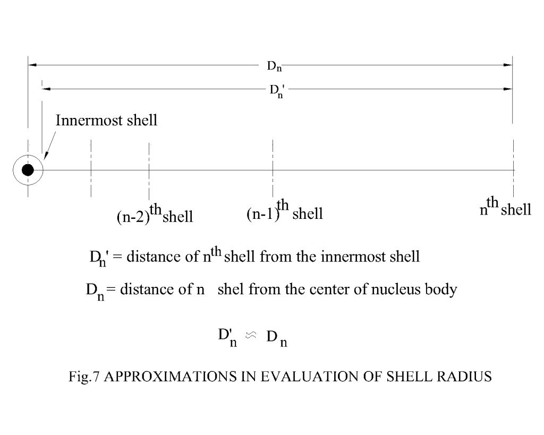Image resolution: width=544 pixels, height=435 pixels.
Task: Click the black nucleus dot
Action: pyautogui.click(x=28, y=170)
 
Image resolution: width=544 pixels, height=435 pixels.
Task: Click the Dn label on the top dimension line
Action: pyautogui.click(x=274, y=66)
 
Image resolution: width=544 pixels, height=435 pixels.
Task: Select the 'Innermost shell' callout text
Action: pyautogui.click(x=106, y=121)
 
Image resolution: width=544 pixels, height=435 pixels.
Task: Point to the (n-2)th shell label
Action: pyautogui.click(x=155, y=214)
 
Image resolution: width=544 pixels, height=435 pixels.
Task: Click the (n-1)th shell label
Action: pyautogui.click(x=285, y=210)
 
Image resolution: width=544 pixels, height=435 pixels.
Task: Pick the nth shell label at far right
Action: pyautogui.click(x=506, y=207)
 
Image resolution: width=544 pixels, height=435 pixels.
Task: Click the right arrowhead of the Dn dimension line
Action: pyautogui.click(x=508, y=65)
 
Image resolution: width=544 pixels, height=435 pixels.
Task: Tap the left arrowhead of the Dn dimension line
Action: pyautogui.click(x=32, y=65)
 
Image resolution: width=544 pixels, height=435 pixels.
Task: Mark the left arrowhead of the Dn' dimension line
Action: pyautogui.click(x=47, y=89)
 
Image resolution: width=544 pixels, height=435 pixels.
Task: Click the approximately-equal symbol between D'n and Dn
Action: pyautogui.click(x=251, y=335)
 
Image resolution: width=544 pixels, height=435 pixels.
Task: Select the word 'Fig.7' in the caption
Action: pyautogui.click(x=84, y=377)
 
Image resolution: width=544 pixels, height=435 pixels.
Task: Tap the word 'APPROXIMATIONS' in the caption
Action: pyautogui.click(x=170, y=377)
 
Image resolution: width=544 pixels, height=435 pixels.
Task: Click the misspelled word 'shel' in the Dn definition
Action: pyautogui.click(x=231, y=289)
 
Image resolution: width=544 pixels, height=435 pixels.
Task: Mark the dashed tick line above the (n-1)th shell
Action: pyautogui.click(x=273, y=168)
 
